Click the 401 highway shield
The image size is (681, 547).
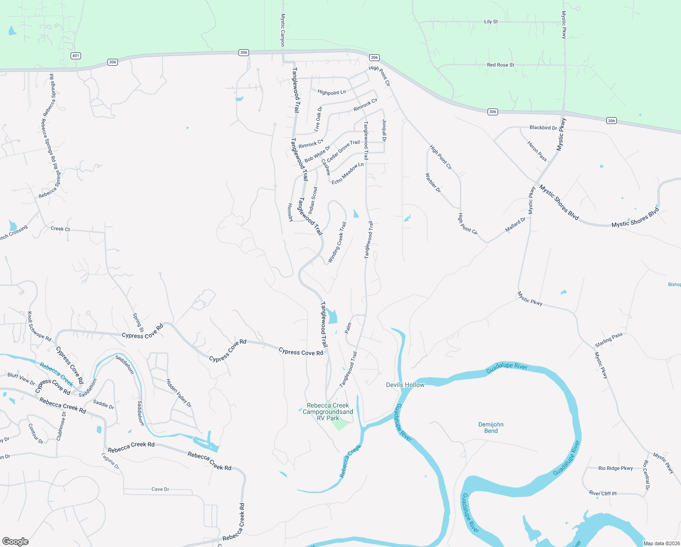coord(76,56)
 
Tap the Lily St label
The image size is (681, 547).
coord(491,21)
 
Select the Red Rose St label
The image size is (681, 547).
coord(500,65)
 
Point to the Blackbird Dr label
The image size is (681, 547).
coord(543,128)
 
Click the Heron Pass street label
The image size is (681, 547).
coord(537,151)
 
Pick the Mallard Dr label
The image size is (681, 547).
coord(515,225)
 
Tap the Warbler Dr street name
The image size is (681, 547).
coord(433,182)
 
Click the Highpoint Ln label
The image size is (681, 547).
coord(332,93)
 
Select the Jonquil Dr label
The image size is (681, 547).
coord(384,130)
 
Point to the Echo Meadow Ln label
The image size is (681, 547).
coord(348,173)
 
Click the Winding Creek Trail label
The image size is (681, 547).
coord(337,242)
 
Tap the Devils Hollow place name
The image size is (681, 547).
coord(405,385)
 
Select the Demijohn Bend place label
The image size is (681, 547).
coord(491,428)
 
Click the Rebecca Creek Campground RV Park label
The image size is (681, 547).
coord(328,412)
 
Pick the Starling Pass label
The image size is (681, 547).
coord(609,340)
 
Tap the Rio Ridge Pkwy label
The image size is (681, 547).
coord(615,468)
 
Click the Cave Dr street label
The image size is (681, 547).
coord(160,489)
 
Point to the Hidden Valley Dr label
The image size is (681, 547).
coord(178,393)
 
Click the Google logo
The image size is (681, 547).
coord(15,541)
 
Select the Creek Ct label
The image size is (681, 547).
coord(60,229)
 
